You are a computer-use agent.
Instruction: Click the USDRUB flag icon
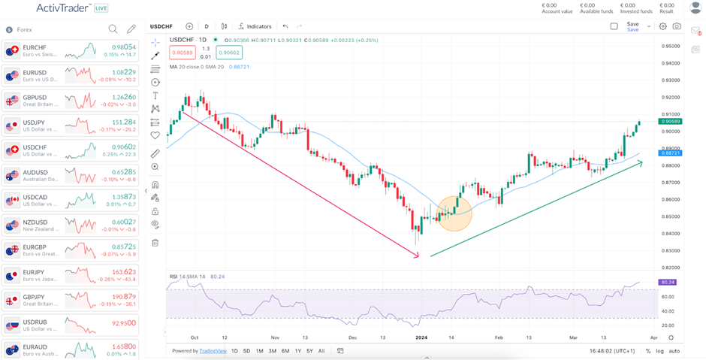point(12,325)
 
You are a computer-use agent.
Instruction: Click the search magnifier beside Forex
point(113,29)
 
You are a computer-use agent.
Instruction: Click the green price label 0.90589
point(669,121)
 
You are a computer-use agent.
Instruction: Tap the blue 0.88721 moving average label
point(669,153)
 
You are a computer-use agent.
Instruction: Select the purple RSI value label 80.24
point(668,283)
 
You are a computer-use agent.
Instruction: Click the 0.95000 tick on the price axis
point(671,46)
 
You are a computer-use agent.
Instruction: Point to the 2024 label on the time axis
point(421,338)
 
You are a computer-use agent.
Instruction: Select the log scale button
point(659,351)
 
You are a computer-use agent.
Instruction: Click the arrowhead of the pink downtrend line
point(418,256)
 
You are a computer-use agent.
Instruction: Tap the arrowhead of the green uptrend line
point(641,162)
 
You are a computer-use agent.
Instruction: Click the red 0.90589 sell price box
point(183,53)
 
